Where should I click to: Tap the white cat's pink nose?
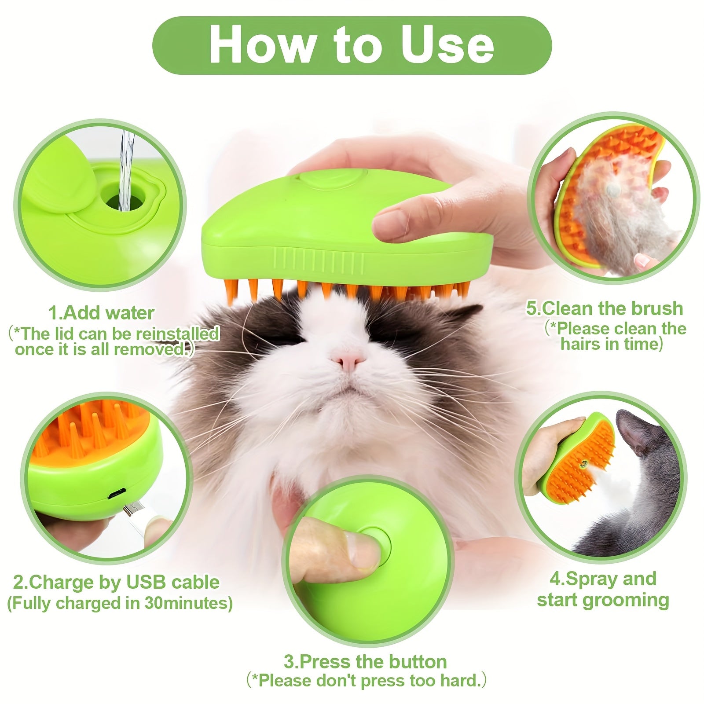[x=348, y=361]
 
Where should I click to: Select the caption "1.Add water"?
[x=101, y=313]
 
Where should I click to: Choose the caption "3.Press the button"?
[x=365, y=661]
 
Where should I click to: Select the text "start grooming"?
[x=603, y=600]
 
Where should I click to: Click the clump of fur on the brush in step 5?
[x=616, y=211]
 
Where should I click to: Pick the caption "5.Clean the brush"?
[x=605, y=309]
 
